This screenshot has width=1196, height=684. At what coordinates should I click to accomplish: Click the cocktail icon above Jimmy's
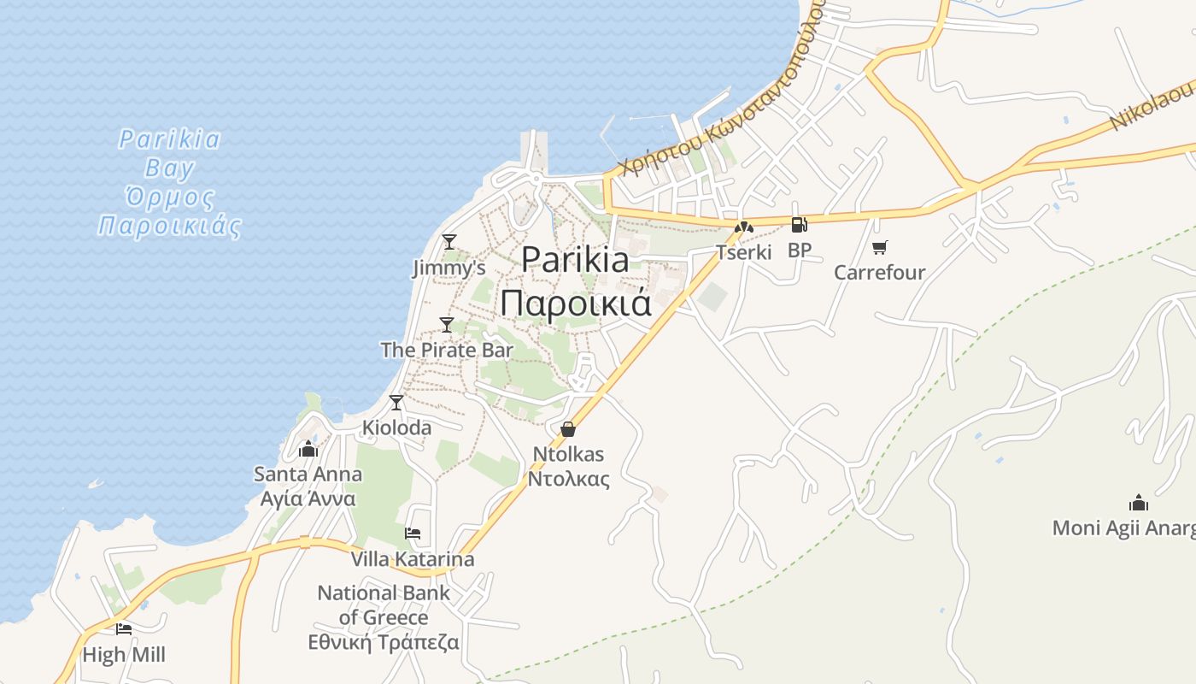pyautogui.click(x=448, y=242)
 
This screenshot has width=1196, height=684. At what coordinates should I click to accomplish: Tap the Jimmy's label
pyautogui.click(x=448, y=268)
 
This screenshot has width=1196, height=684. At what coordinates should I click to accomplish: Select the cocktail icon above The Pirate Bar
pyautogui.click(x=446, y=325)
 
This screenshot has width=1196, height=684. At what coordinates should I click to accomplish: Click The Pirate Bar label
pyautogui.click(x=447, y=350)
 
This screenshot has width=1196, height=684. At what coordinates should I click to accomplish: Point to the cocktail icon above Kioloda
pyautogui.click(x=396, y=403)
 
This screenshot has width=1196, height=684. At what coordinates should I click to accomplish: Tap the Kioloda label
pyautogui.click(x=396, y=427)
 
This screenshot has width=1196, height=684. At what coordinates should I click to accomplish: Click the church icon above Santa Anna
pyautogui.click(x=308, y=449)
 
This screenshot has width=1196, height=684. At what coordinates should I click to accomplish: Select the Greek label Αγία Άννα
pyautogui.click(x=308, y=498)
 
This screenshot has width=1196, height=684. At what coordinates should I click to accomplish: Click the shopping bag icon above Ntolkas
pyautogui.click(x=568, y=429)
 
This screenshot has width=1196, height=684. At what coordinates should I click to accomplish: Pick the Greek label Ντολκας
pyautogui.click(x=568, y=478)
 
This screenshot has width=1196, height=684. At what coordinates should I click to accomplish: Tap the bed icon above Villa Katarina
pyautogui.click(x=413, y=534)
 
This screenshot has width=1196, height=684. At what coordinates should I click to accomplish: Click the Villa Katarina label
pyautogui.click(x=413, y=559)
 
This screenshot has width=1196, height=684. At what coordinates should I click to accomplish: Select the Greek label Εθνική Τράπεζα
pyautogui.click(x=384, y=642)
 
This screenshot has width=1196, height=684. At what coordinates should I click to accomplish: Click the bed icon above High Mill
pyautogui.click(x=124, y=629)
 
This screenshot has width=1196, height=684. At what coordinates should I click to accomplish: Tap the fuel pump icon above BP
pyautogui.click(x=800, y=226)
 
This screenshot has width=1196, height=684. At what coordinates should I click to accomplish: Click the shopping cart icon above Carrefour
pyautogui.click(x=879, y=248)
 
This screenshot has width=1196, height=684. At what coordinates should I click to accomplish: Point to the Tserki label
pyautogui.click(x=743, y=252)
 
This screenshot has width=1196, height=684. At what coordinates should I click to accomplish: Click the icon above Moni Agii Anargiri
pyautogui.click(x=1138, y=502)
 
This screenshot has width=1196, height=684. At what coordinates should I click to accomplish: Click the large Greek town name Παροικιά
pyautogui.click(x=575, y=304)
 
